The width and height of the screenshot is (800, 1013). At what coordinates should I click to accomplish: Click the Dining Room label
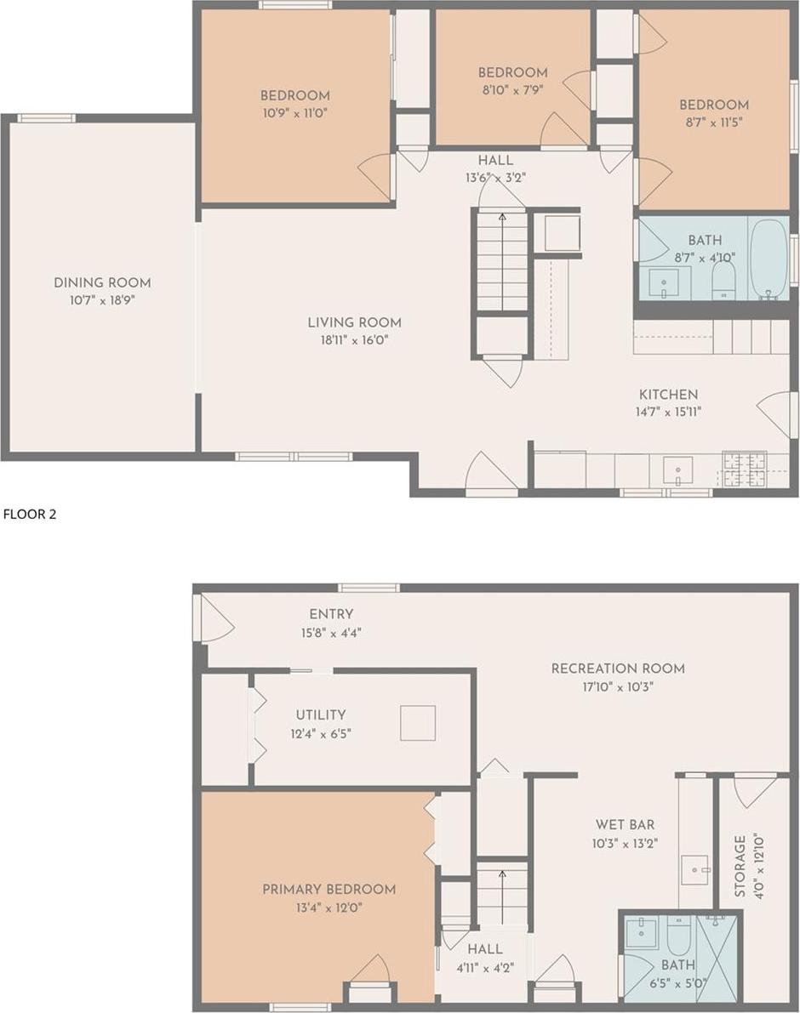pos(102,283)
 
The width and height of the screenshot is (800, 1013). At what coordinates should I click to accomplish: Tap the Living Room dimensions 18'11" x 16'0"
pos(354,340)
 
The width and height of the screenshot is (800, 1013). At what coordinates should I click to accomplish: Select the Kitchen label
pos(668,395)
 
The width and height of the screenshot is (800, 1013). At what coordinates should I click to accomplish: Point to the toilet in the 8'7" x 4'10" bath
pos(723,280)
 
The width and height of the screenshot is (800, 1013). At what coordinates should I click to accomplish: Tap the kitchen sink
pos(677,470)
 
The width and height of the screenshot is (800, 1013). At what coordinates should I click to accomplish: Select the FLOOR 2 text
pos(30,514)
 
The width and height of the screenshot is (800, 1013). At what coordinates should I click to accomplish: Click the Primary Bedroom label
pos(329,890)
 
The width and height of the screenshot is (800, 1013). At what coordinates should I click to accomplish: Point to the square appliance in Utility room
pos(418,723)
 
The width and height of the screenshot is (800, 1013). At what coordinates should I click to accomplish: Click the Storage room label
pos(740,866)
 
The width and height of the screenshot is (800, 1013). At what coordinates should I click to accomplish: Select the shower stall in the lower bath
pos(718,958)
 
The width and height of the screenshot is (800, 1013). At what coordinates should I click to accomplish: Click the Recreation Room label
pos(618,669)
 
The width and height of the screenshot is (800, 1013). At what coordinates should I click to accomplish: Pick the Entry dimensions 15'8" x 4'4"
pos(331,632)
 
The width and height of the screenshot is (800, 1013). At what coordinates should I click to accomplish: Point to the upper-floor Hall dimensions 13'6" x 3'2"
pos(495,179)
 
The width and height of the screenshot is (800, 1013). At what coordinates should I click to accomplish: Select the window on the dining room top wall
pos(47,118)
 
